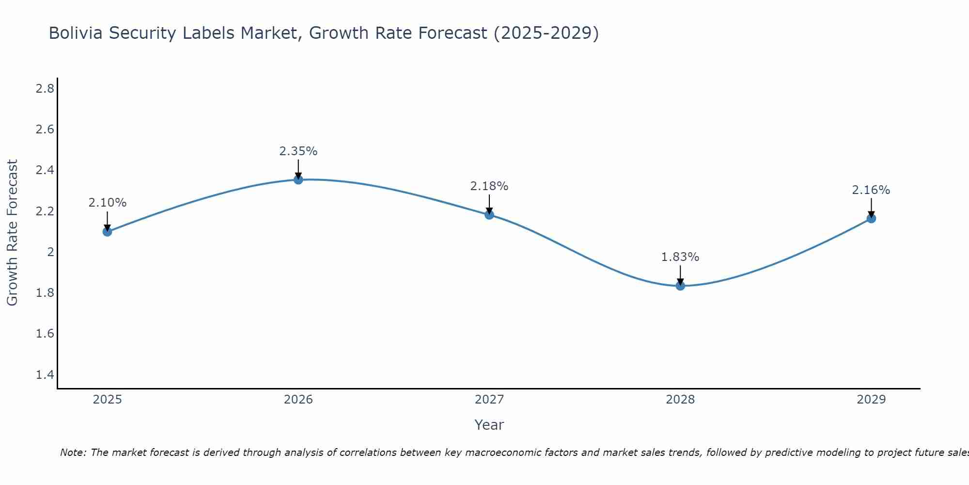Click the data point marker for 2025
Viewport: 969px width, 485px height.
pyautogui.click(x=107, y=231)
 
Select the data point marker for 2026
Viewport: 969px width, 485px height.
pyautogui.click(x=298, y=179)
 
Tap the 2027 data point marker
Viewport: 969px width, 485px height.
pyautogui.click(x=489, y=214)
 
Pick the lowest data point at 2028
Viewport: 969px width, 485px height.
pyautogui.click(x=680, y=286)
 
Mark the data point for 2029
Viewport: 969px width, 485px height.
pyautogui.click(x=871, y=218)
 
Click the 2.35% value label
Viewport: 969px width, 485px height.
pyautogui.click(x=298, y=151)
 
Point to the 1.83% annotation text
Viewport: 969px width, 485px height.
pyautogui.click(x=680, y=257)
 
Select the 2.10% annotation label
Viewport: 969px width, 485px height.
pyautogui.click(x=107, y=203)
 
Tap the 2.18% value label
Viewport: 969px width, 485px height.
pyautogui.click(x=489, y=186)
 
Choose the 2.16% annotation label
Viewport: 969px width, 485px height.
pyautogui.click(x=871, y=190)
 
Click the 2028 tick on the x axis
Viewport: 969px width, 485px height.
pyautogui.click(x=680, y=400)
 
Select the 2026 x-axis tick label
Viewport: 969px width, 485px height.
pyautogui.click(x=298, y=400)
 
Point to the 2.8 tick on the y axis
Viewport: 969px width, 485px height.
pyautogui.click(x=45, y=88)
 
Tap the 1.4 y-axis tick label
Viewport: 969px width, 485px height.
pyautogui.click(x=45, y=374)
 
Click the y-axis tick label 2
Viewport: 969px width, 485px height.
pyautogui.click(x=50, y=252)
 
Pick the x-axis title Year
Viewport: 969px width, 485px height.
pyautogui.click(x=489, y=425)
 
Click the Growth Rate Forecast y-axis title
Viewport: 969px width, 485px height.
pyautogui.click(x=12, y=233)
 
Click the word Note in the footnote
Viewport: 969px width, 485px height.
pyautogui.click(x=73, y=453)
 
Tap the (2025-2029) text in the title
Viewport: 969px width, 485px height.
pyautogui.click(x=546, y=33)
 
